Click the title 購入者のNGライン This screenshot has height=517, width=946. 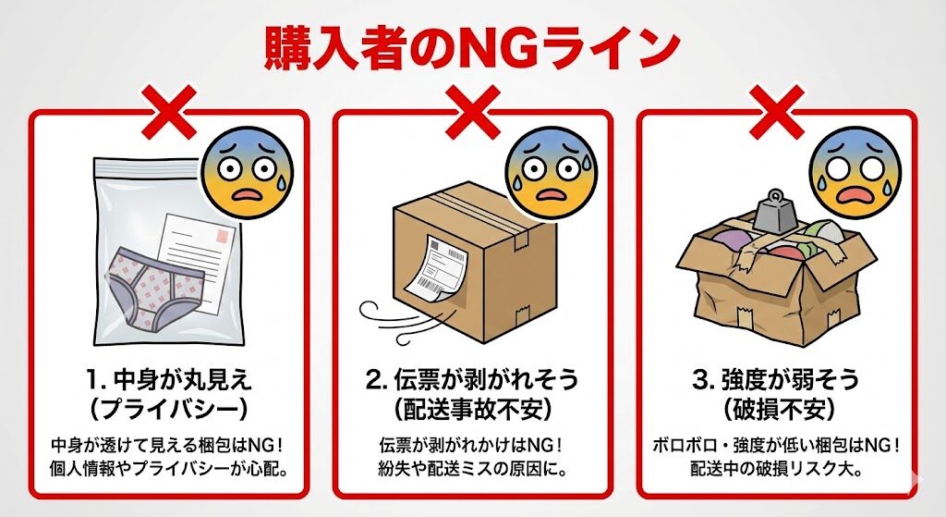point(472,45)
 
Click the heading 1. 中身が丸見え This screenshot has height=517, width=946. point(168,380)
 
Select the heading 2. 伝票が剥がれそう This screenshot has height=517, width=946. point(472,380)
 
